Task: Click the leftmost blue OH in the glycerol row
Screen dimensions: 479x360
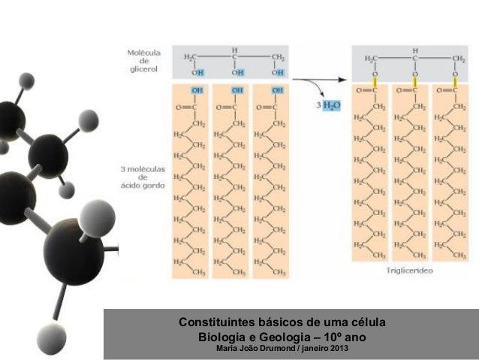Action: coord(197,73)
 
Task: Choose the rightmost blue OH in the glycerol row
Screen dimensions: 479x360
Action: coord(277,73)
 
